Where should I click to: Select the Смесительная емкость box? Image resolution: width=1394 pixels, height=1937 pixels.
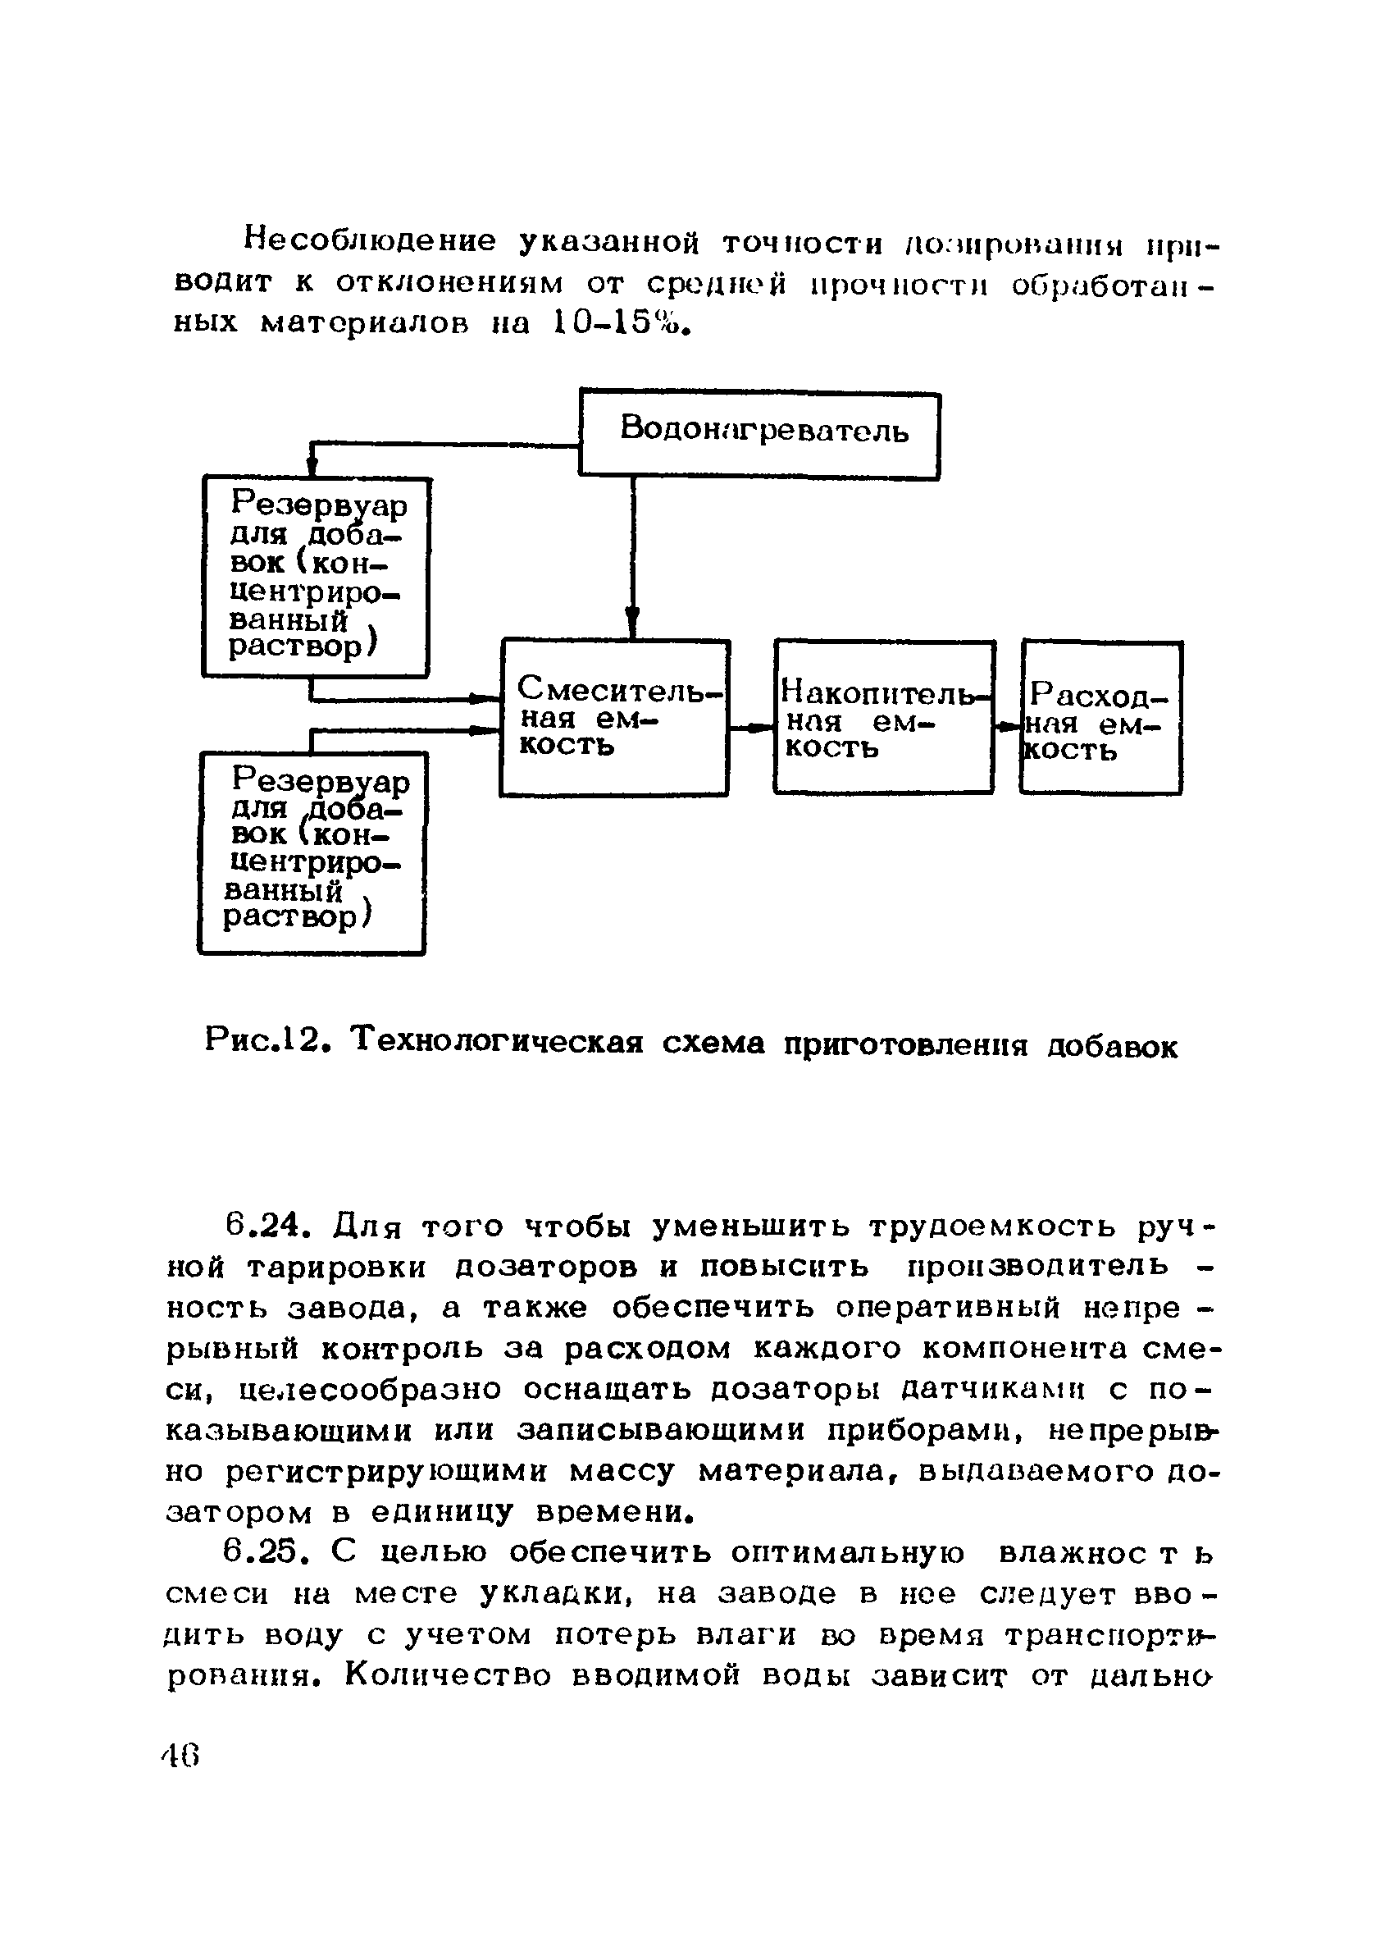point(613,718)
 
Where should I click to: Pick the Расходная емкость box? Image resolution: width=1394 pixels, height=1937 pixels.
point(1100,718)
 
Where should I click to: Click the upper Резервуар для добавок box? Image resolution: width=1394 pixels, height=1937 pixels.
point(316,577)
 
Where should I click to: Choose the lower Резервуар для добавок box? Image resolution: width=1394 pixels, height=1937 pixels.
point(312,852)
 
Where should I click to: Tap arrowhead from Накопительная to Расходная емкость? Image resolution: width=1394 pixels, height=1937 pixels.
point(1008,727)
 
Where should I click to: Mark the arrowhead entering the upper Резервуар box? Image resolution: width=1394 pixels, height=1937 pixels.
point(312,465)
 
